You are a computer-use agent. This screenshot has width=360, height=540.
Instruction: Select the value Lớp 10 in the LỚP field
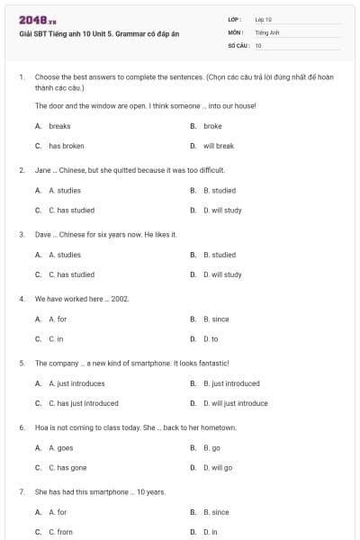click(263, 19)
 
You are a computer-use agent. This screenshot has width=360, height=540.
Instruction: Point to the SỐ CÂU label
click(238, 45)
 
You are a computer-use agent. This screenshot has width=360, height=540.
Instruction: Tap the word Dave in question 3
click(43, 234)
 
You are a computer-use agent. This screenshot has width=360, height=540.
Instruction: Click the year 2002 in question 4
click(121, 298)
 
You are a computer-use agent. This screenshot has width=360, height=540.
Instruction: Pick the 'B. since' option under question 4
click(216, 319)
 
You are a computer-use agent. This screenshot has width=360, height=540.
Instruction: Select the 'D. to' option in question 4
click(211, 339)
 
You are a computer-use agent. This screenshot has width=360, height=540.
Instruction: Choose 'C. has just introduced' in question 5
click(83, 403)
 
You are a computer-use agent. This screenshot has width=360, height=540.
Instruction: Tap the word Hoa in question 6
click(41, 427)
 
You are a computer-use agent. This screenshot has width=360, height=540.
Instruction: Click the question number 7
click(21, 491)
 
